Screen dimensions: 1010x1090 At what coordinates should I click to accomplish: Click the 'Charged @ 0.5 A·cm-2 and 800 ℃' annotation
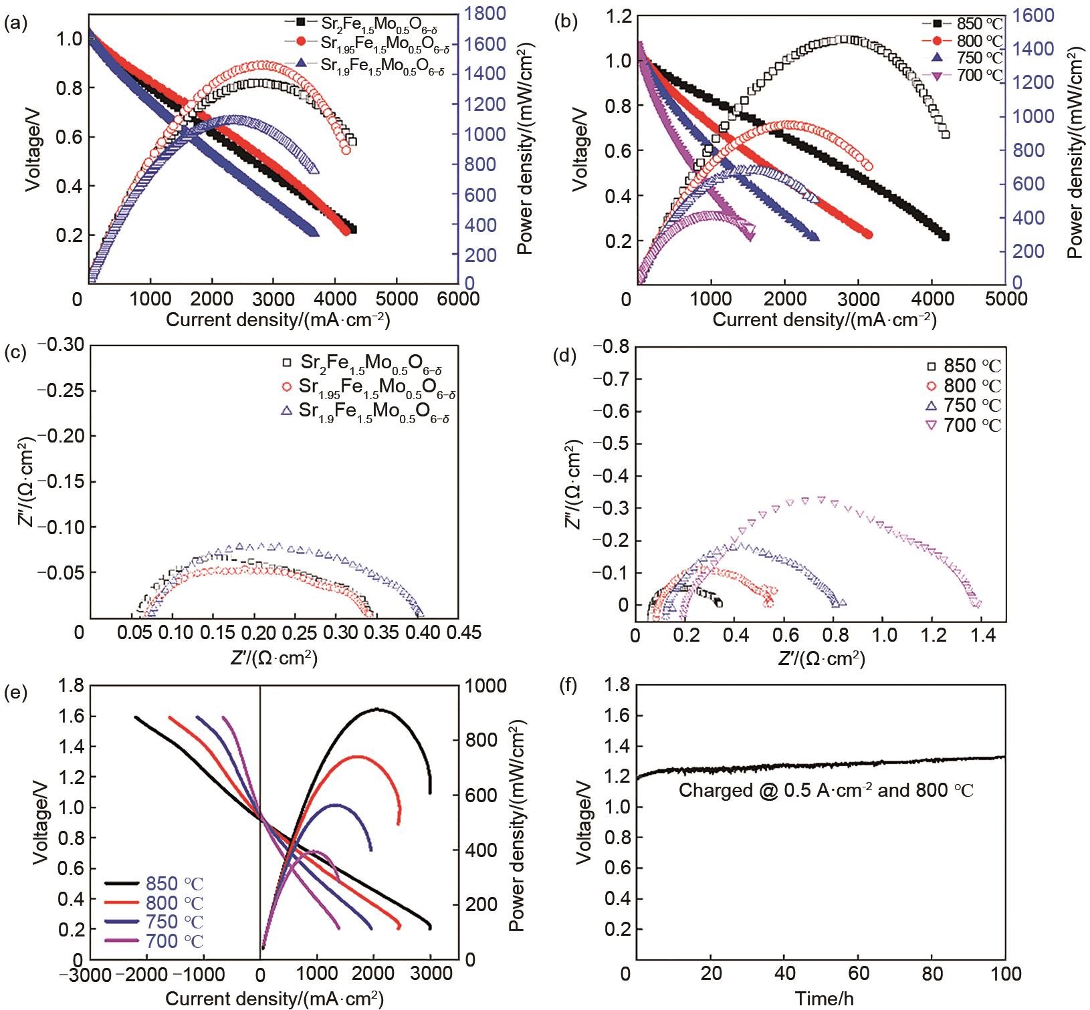[x=826, y=791]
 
